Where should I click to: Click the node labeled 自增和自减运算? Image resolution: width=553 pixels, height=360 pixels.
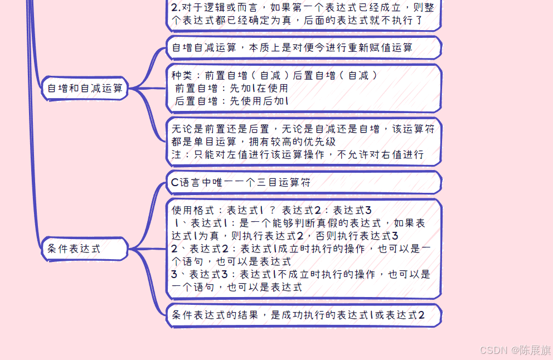85,88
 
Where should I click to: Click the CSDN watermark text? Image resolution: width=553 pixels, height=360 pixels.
493,350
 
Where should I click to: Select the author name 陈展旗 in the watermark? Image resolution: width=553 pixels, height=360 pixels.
535,350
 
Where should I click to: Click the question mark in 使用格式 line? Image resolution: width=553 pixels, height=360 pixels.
273,211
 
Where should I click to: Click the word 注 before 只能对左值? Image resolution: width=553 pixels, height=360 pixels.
177,154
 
